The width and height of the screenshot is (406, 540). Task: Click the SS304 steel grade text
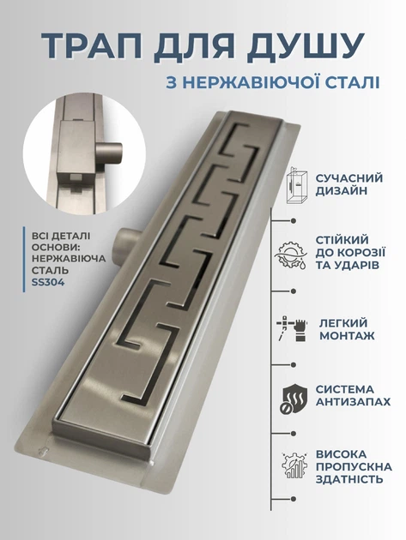click(x=48, y=282)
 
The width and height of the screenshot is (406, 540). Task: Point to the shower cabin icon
click(x=296, y=185)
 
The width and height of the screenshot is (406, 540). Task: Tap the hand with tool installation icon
click(x=292, y=328)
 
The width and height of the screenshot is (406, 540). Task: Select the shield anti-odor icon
click(x=293, y=399)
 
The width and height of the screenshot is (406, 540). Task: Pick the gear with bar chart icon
click(x=294, y=465)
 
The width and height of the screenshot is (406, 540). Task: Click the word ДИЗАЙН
click(x=341, y=190)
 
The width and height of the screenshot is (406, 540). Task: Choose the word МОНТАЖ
click(x=347, y=335)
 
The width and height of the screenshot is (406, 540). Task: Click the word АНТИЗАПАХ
click(x=353, y=401)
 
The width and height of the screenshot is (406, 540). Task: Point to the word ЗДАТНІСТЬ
click(x=349, y=479)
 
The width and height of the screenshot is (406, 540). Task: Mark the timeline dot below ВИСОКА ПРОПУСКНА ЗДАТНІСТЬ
click(x=294, y=499)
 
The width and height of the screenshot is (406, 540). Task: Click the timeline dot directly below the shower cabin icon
click(x=294, y=220)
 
